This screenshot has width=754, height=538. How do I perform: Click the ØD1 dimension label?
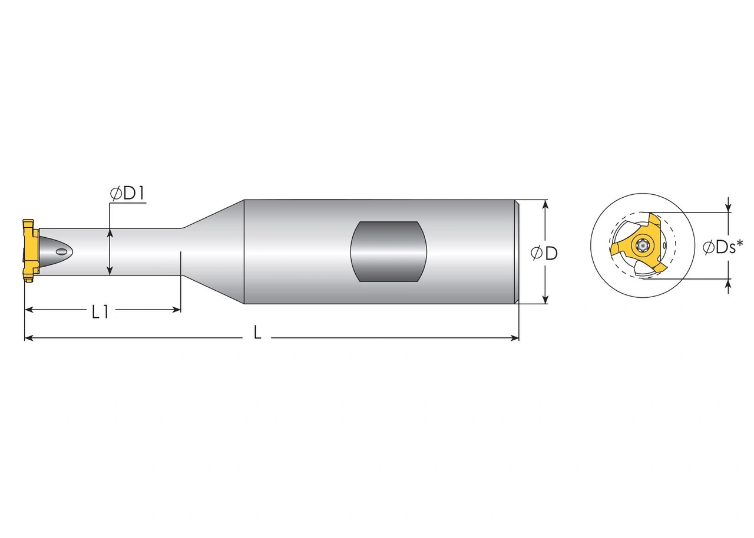127,194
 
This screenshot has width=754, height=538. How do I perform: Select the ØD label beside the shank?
544,253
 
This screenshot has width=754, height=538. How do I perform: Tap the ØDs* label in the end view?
722,247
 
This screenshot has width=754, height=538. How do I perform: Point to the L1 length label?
100,311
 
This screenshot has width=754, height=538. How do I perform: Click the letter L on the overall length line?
257,333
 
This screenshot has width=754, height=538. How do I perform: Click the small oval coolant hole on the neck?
61,252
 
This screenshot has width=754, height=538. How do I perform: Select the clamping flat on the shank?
388,251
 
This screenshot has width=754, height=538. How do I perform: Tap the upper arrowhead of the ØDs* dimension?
729,208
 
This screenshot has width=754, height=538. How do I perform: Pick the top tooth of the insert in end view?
654,222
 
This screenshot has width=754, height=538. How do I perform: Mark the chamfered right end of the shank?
517,252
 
